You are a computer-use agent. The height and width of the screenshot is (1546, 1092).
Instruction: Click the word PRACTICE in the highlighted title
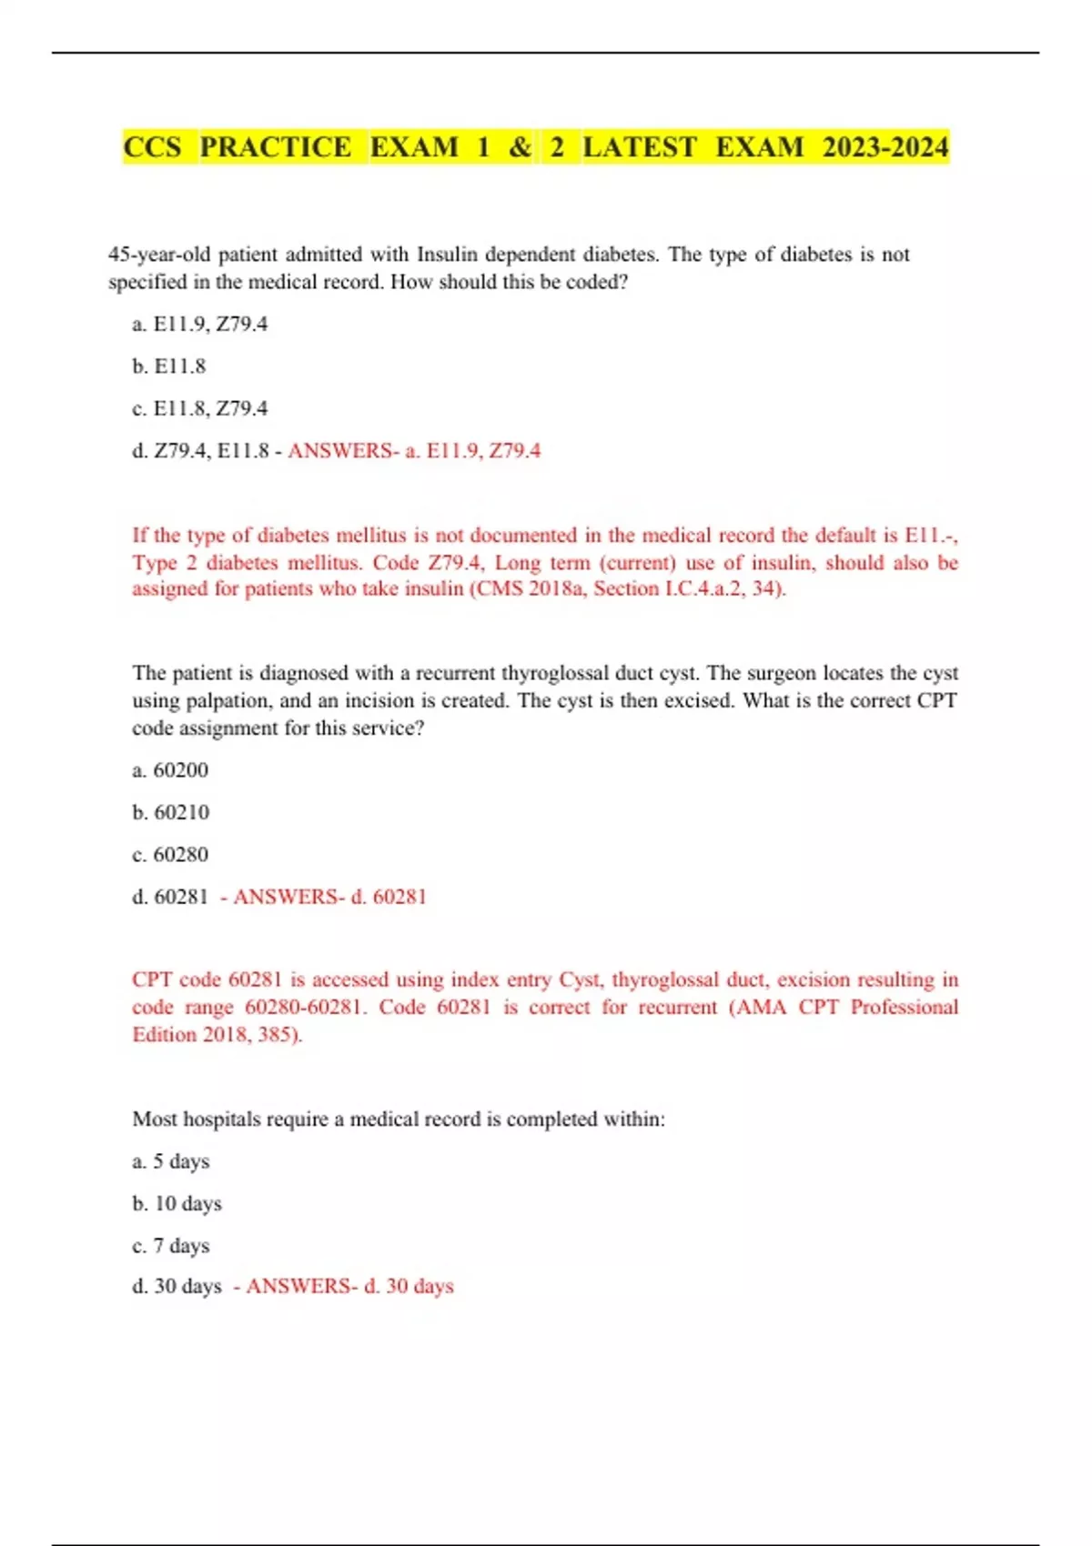[x=275, y=147]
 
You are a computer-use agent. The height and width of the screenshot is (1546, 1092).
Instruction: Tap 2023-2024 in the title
[x=885, y=147]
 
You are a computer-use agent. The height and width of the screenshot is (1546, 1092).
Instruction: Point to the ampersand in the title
[x=520, y=147]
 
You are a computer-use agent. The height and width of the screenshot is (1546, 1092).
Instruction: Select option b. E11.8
[x=169, y=366]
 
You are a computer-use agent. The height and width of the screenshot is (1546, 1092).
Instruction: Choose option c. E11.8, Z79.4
[x=200, y=408]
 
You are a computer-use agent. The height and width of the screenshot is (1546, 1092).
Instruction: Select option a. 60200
[x=170, y=770]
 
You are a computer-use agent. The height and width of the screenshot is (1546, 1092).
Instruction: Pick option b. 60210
[x=170, y=812]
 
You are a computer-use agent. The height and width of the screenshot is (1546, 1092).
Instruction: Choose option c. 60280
[x=170, y=855]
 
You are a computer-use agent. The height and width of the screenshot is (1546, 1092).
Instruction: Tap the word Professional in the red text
[x=904, y=1007]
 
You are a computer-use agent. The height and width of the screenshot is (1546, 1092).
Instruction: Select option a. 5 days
[x=171, y=1161]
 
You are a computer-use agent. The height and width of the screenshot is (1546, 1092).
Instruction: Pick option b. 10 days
[x=177, y=1203]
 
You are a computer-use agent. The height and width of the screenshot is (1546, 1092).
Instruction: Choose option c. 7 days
[x=171, y=1245]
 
